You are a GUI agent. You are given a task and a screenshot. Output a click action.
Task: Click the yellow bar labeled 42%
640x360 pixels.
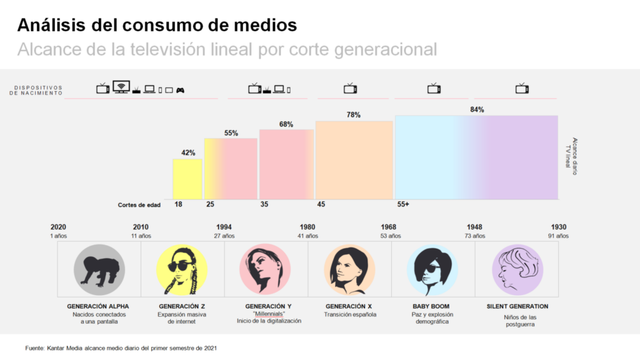187,179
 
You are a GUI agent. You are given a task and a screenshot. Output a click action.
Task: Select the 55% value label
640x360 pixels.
231,133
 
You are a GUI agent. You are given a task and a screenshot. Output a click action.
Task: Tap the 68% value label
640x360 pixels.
286,124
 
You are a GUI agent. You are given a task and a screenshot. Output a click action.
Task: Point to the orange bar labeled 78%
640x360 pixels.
354,161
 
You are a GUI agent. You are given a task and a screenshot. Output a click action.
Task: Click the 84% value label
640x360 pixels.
477,110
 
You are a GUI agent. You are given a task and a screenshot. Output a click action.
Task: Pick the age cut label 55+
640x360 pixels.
402,204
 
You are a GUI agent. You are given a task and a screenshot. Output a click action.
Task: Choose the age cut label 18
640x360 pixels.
177,204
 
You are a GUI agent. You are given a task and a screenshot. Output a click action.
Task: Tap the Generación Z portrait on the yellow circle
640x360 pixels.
182,270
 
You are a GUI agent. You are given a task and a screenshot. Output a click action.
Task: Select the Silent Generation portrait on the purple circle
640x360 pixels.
517,269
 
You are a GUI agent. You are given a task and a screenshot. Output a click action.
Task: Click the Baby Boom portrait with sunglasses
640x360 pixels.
432,270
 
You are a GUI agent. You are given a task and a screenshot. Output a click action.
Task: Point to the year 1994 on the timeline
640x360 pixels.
224,227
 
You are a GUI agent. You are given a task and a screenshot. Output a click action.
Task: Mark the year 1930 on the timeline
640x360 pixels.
559,227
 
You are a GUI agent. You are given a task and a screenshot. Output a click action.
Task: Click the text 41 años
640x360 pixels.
307,236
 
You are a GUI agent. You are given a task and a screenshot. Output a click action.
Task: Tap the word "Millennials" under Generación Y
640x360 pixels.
269,313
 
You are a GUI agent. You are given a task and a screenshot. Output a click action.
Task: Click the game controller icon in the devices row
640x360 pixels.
180,89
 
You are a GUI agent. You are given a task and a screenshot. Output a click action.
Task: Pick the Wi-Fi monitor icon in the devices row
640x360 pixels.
121,87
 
